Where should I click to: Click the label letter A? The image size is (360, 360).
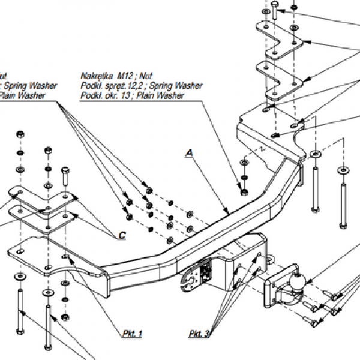point(189,154)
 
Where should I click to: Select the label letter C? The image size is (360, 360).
point(122,235)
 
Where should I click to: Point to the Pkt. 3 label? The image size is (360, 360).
point(197,333)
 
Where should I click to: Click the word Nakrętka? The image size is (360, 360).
point(97,76)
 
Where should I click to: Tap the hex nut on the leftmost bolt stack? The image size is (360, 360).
point(19,133)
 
